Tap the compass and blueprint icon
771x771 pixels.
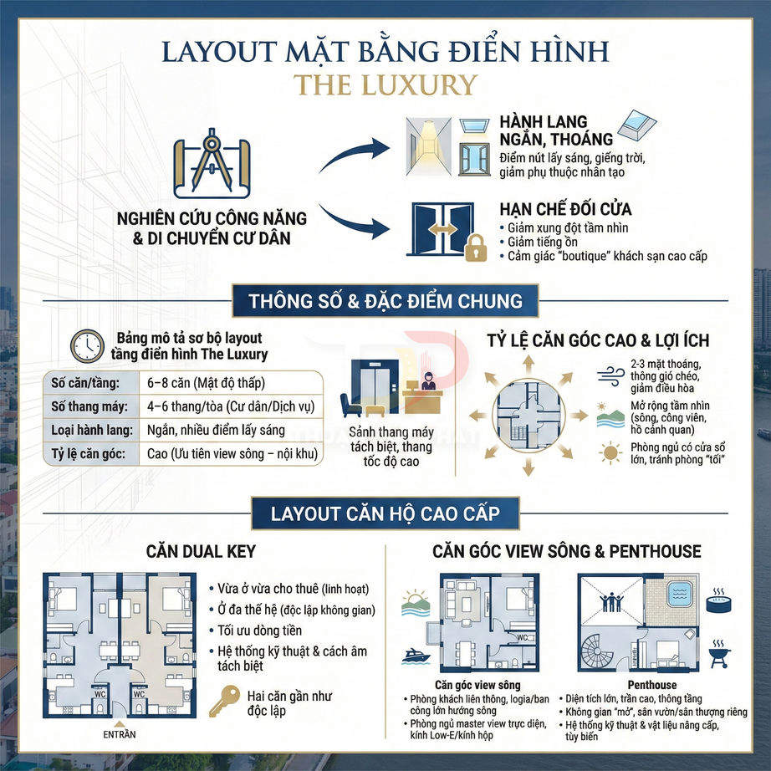212,166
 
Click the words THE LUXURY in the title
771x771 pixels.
385,85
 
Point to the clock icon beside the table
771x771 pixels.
87,345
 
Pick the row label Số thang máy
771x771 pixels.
83,407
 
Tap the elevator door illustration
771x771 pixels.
370,383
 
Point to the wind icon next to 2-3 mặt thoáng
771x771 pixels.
610,373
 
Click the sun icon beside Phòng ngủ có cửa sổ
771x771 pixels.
610,454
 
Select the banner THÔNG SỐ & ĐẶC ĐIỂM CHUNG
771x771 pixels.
385,301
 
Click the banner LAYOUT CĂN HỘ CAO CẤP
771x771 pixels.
385,512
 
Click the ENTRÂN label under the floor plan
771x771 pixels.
119,735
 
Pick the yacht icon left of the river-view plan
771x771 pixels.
415,655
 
